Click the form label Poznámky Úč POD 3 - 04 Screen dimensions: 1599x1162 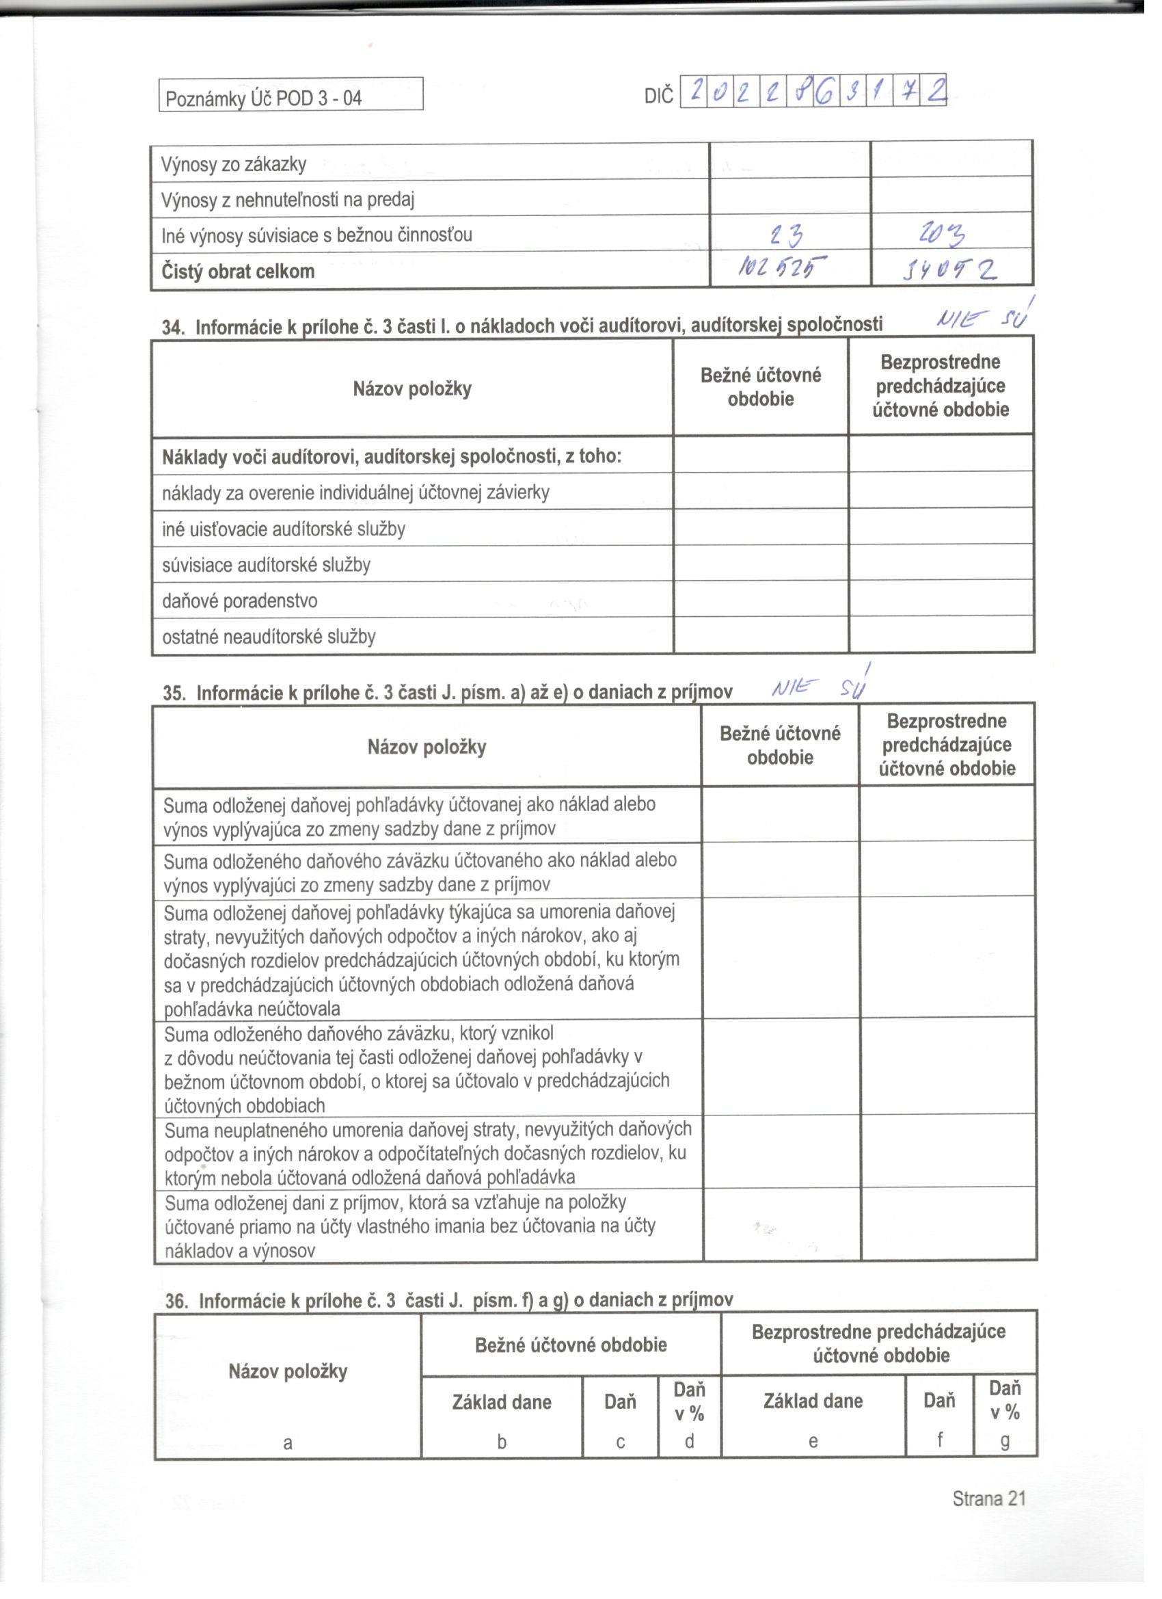[264, 98]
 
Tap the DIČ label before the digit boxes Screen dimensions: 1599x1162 [658, 96]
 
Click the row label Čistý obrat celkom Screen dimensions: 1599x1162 [238, 272]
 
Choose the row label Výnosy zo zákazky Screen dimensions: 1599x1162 [234, 164]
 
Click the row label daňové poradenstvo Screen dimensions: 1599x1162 [240, 600]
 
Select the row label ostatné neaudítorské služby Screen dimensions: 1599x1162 [269, 637]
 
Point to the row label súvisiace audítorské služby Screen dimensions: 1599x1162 [266, 565]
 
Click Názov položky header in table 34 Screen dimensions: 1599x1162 [412, 388]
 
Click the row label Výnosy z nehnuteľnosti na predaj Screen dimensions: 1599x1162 [288, 200]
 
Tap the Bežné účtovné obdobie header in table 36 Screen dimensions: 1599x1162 [571, 1345]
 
